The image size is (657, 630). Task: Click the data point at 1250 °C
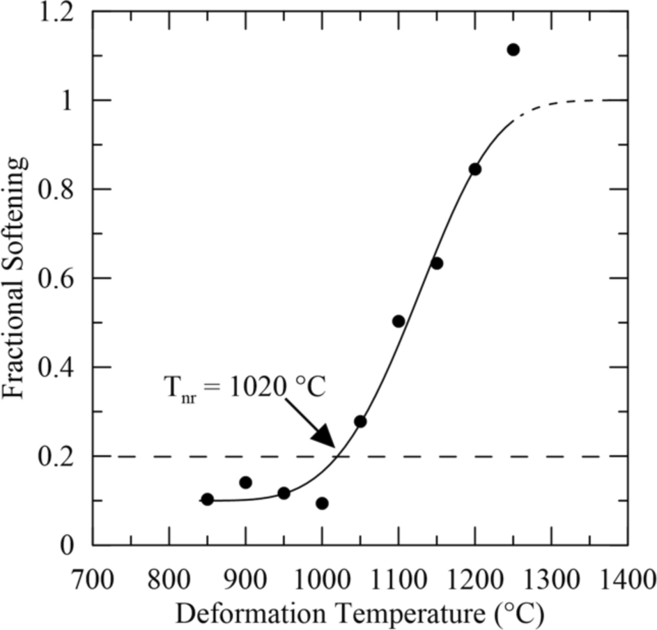point(513,49)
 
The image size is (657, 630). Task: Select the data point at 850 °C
point(207,499)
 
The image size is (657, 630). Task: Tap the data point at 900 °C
point(245,482)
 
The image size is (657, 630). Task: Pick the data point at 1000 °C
point(322,503)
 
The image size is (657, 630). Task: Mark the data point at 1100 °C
point(399,321)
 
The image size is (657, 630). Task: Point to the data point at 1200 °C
point(475,169)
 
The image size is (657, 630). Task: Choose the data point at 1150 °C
point(437,263)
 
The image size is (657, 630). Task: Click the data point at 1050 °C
point(360,422)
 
